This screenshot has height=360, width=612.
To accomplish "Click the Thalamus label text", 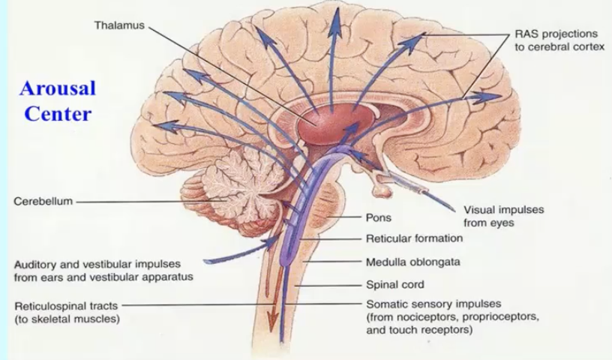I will pyautogui.click(x=120, y=26).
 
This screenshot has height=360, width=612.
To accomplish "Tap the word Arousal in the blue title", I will pyautogui.click(x=58, y=88).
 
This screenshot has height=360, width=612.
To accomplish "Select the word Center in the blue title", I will pyautogui.click(x=58, y=114).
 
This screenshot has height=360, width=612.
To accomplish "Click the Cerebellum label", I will pyautogui.click(x=42, y=202).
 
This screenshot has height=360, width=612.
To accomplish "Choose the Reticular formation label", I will pyautogui.click(x=414, y=238).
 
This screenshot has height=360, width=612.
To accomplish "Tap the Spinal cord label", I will pyautogui.click(x=394, y=284).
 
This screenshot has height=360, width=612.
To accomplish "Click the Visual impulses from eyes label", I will pyautogui.click(x=503, y=216).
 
